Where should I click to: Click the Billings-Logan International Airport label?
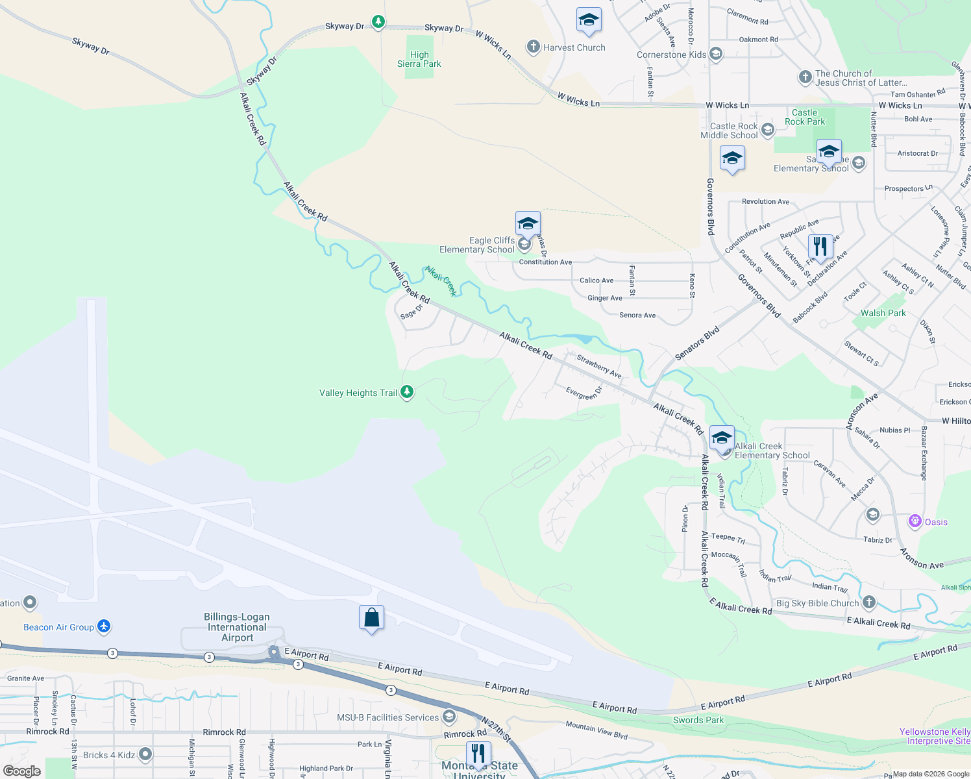(237, 627)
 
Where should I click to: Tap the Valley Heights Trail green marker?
(407, 392)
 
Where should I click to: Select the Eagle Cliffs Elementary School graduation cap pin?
(528, 224)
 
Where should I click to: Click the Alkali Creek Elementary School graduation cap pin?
(722, 438)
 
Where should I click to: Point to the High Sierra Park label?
(419, 59)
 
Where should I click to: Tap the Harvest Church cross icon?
(534, 47)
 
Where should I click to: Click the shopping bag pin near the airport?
(372, 618)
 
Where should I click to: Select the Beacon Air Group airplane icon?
(104, 626)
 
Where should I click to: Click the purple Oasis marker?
(915, 521)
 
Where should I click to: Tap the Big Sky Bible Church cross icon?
(869, 602)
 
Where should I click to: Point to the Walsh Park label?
(883, 313)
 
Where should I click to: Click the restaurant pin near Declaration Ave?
(820, 247)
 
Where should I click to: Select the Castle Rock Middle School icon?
(768, 130)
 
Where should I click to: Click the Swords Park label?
(698, 720)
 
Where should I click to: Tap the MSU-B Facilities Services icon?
(449, 717)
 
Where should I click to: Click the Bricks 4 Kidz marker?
(145, 754)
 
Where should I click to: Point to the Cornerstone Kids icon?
(716, 54)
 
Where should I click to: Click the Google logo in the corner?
(22, 771)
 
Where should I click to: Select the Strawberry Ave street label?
(599, 366)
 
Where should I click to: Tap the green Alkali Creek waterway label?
(441, 280)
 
